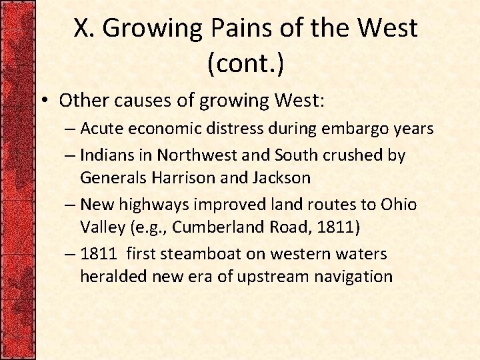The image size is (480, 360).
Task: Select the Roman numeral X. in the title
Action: (x=85, y=28)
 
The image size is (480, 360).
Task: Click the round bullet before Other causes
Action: (x=45, y=101)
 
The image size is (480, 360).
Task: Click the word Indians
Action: (x=107, y=155)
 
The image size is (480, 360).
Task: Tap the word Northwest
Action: (x=192, y=155)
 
